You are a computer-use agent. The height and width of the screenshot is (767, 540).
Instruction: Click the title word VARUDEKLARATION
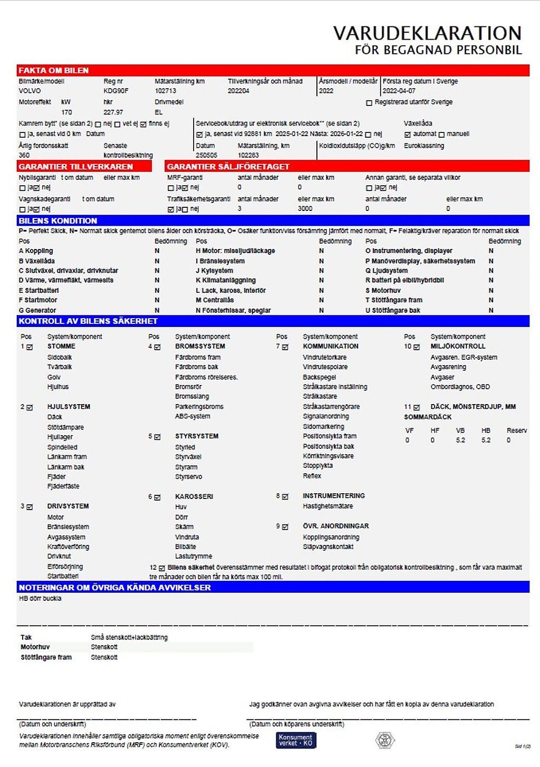click(427, 33)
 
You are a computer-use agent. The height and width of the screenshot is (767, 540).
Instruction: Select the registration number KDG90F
click(115, 91)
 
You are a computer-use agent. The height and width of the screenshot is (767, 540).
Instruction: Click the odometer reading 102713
click(165, 91)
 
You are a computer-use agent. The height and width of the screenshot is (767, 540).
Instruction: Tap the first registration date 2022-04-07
click(399, 91)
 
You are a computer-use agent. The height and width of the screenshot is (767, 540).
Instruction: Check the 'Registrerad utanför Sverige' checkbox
click(369, 103)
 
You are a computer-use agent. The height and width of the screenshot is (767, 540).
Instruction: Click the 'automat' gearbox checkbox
click(407, 135)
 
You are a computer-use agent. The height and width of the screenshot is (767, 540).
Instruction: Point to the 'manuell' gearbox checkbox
click(442, 135)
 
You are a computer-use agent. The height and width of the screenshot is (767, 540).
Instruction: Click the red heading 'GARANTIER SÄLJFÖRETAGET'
click(228, 167)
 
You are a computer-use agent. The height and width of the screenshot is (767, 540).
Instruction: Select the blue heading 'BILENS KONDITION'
click(58, 220)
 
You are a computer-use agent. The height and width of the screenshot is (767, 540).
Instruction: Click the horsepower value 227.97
click(113, 112)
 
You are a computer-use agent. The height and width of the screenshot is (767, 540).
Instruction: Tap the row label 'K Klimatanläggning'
click(226, 280)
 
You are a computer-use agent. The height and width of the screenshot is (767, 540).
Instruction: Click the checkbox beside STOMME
click(30, 347)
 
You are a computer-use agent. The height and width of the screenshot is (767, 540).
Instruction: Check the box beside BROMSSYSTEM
click(157, 347)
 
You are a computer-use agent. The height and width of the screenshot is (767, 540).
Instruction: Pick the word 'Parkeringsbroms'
click(199, 407)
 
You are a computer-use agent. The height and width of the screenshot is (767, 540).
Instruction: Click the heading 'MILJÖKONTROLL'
click(458, 347)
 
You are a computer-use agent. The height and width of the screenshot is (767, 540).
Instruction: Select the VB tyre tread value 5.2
click(460, 440)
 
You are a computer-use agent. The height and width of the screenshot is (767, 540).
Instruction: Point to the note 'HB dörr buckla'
click(40, 599)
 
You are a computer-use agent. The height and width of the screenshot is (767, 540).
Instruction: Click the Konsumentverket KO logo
click(296, 740)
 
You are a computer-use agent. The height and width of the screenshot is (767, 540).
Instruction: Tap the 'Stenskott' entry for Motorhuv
click(104, 647)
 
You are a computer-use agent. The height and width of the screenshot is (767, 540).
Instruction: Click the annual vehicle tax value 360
click(24, 155)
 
